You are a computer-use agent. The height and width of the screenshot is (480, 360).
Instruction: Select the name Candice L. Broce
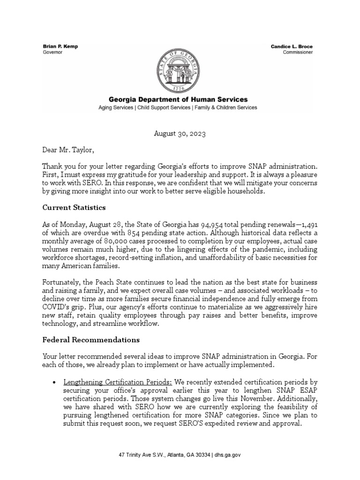[x=292, y=47]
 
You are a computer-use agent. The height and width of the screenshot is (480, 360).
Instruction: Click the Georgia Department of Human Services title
[x=178, y=100]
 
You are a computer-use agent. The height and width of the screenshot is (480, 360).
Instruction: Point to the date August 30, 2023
[x=180, y=134]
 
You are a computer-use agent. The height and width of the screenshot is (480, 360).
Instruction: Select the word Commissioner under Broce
[x=298, y=53]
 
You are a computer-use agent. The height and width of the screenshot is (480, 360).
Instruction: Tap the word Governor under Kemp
[x=52, y=53]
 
